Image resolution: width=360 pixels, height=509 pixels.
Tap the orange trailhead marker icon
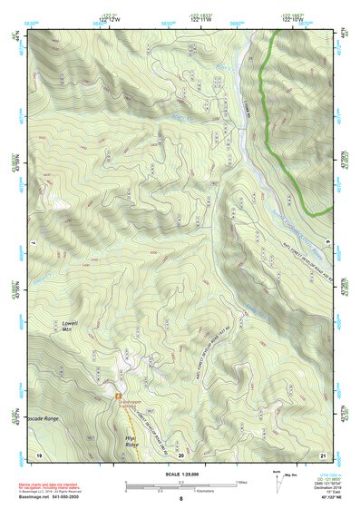click(119, 396)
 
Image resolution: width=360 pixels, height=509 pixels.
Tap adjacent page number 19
click(38, 454)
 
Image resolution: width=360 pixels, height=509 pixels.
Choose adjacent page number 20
click(180, 454)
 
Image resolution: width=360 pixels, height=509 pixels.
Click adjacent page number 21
click(322, 454)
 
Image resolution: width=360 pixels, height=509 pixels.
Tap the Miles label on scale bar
click(240, 482)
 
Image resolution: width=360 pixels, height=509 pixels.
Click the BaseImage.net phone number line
click(57, 497)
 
